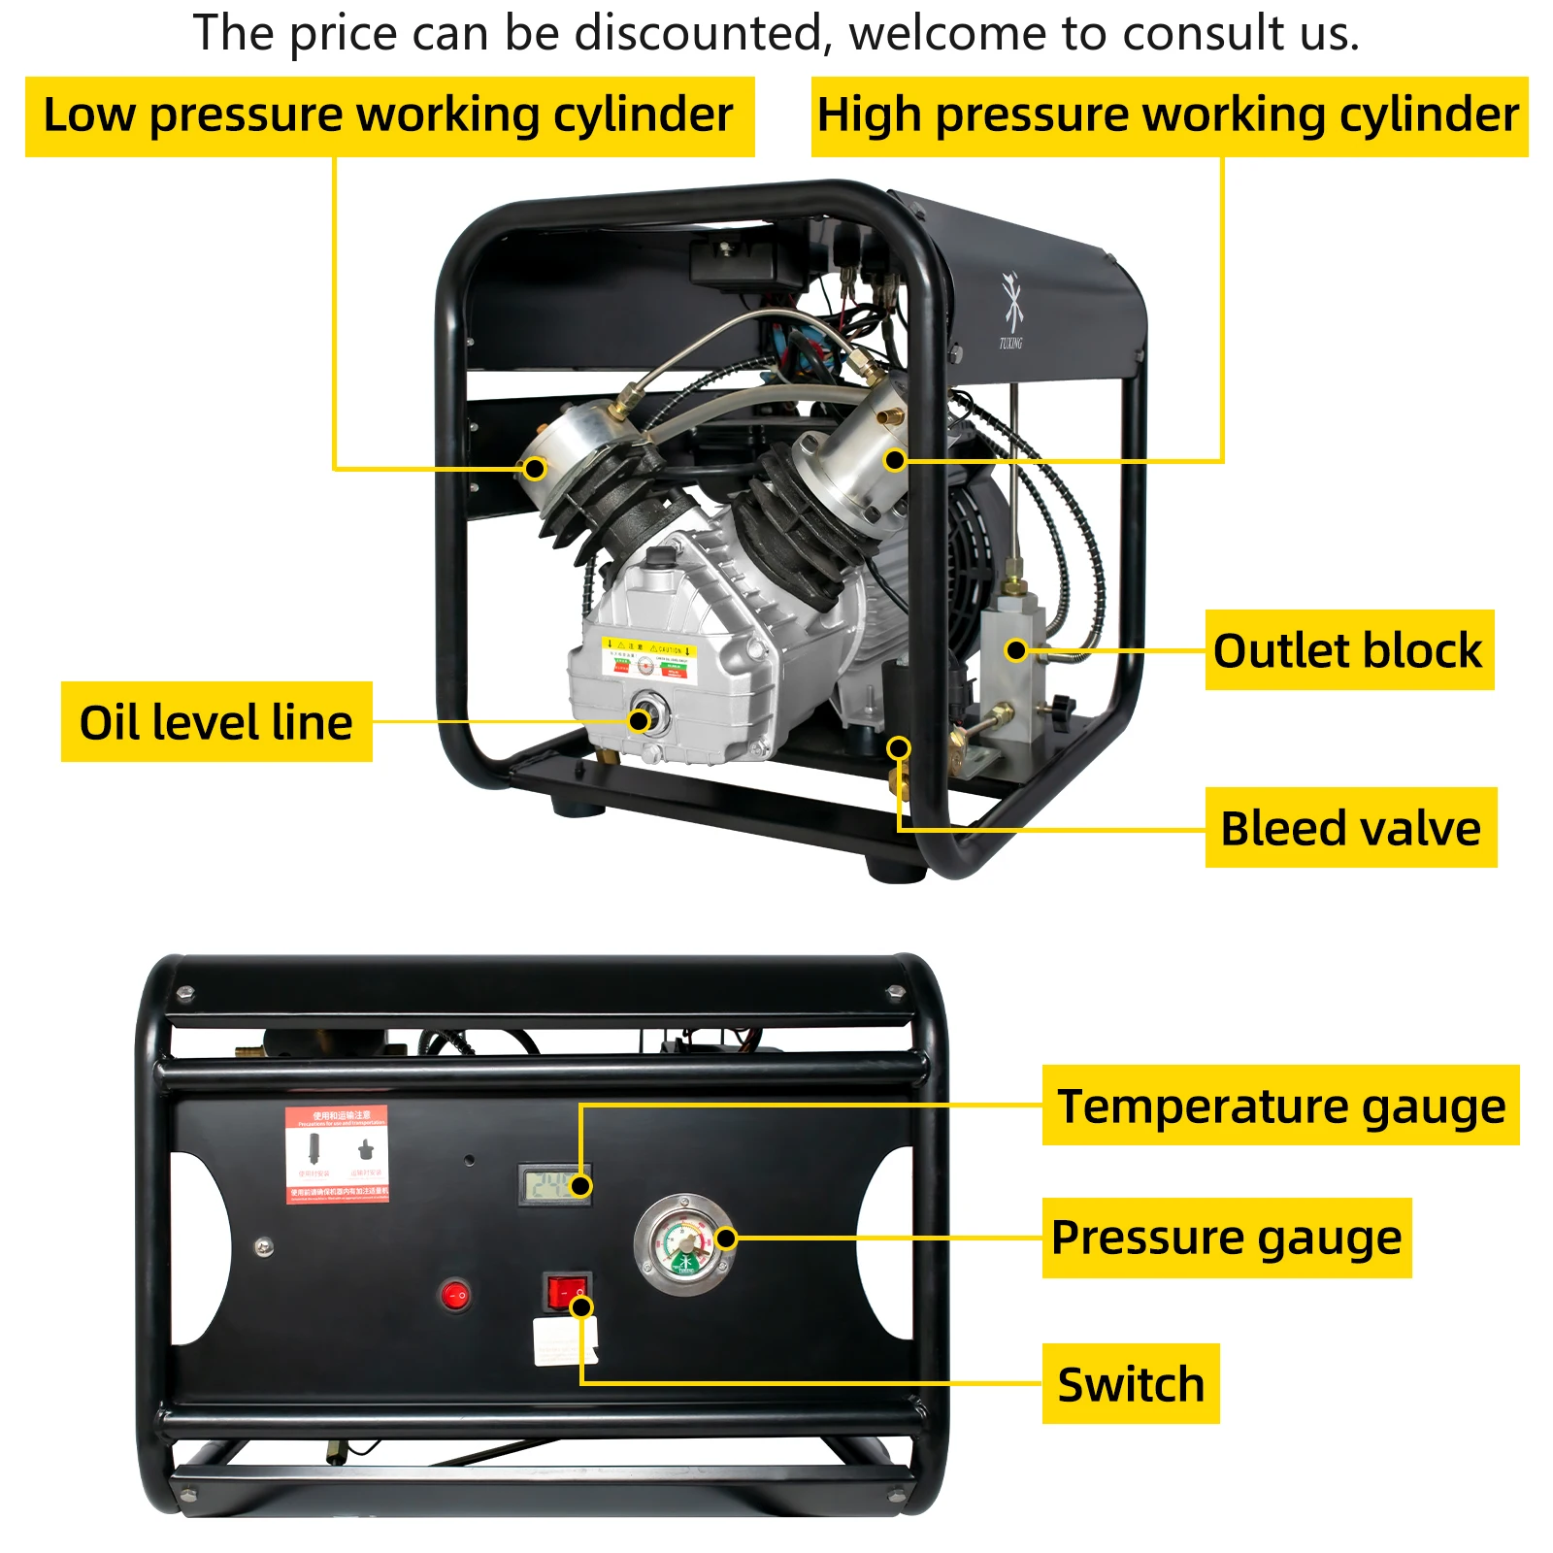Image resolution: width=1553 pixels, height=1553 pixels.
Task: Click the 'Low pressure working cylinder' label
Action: click(388, 116)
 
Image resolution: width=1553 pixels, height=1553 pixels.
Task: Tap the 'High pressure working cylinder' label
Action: click(1168, 116)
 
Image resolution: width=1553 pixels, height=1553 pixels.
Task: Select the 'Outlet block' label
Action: click(1347, 650)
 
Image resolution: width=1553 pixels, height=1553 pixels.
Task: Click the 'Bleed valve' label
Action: click(1350, 828)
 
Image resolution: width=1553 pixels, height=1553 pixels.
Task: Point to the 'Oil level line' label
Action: click(215, 722)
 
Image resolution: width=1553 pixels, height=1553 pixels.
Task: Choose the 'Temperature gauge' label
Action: click(1280, 1106)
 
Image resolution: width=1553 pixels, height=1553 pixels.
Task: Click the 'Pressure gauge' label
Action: click(1226, 1238)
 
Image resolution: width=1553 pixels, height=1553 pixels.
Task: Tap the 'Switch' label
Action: click(1131, 1384)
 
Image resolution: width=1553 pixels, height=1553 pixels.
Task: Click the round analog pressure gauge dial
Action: click(684, 1244)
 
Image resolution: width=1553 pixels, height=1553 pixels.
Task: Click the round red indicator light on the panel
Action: click(455, 1295)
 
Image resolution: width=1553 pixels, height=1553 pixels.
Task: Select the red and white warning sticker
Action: click(337, 1154)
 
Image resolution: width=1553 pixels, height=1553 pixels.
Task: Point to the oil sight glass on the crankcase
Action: click(647, 718)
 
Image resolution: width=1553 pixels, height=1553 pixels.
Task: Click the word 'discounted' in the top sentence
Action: click(699, 33)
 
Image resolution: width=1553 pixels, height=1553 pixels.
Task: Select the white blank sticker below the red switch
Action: click(564, 1341)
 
